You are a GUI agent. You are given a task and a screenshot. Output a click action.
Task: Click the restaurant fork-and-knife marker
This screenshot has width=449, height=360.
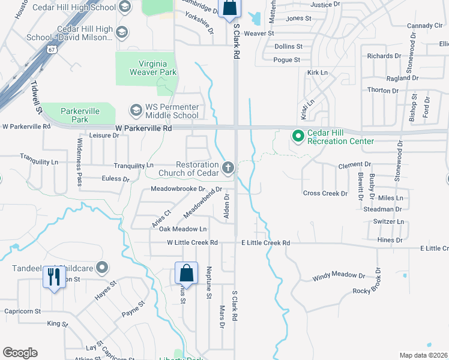point(55,277)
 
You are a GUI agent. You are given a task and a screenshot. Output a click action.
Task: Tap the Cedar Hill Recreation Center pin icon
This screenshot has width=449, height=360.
point(298,136)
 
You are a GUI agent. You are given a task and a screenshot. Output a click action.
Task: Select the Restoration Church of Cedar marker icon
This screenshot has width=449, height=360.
point(228,167)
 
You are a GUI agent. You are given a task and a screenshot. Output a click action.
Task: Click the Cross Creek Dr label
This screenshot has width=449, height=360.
point(325,193)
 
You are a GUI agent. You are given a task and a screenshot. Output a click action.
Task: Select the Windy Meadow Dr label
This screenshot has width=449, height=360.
point(339,277)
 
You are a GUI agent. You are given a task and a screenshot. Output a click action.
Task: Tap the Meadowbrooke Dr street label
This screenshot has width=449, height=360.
point(174,188)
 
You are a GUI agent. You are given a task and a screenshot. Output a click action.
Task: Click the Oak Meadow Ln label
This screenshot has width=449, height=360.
point(182,229)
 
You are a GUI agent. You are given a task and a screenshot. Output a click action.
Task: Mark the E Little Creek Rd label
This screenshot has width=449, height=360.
point(265,243)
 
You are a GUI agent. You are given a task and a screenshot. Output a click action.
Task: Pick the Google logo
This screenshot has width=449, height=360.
point(20,353)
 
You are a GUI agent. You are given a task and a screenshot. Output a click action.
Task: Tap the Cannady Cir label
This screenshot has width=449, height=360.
point(424,26)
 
